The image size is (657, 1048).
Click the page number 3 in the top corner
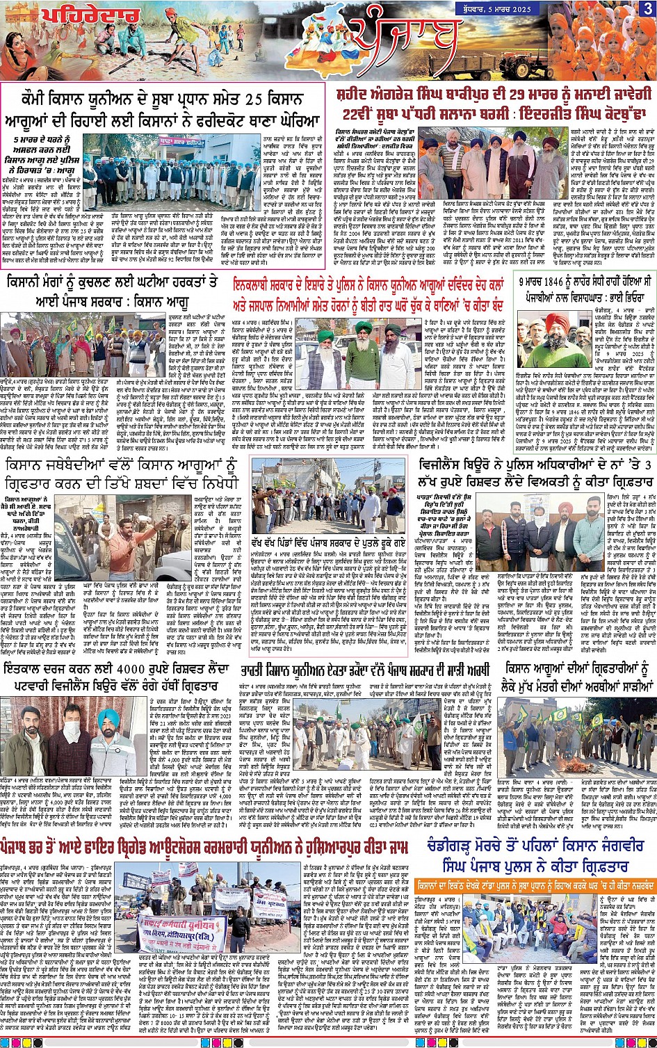pyautogui.click(x=648, y=9)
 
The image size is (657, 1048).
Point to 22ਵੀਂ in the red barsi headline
pyautogui.click(x=356, y=112)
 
